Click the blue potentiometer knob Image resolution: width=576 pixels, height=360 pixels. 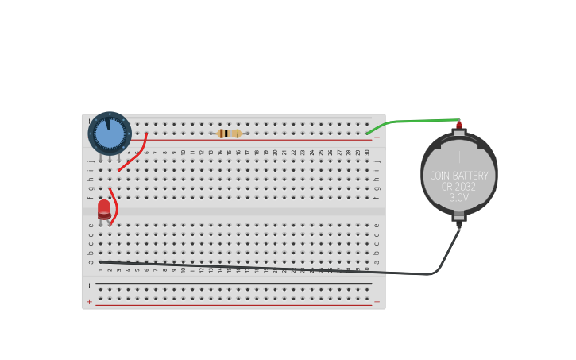click(110, 134)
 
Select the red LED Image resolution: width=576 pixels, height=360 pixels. click(104, 210)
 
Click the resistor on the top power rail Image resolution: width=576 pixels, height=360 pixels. click(229, 134)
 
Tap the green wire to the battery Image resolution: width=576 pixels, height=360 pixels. click(413, 121)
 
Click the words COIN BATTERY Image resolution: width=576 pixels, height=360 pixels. click(459, 176)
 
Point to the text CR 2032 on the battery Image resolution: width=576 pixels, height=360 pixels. click(459, 187)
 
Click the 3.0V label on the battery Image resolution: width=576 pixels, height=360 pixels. click(459, 198)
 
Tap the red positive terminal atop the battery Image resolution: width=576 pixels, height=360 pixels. click(458, 125)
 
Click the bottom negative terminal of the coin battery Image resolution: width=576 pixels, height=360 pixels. click(458, 225)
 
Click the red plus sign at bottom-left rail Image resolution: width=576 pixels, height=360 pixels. click(89, 302)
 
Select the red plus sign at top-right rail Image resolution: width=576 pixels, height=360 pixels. click(377, 137)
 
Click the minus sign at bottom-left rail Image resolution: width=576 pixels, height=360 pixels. click(89, 285)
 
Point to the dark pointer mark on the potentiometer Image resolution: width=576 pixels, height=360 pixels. click(107, 123)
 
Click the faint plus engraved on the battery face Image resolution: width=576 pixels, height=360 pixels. click(459, 157)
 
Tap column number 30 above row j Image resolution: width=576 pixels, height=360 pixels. click(367, 152)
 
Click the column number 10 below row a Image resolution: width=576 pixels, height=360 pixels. click(184, 270)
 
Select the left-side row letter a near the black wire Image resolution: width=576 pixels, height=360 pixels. click(91, 261)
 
